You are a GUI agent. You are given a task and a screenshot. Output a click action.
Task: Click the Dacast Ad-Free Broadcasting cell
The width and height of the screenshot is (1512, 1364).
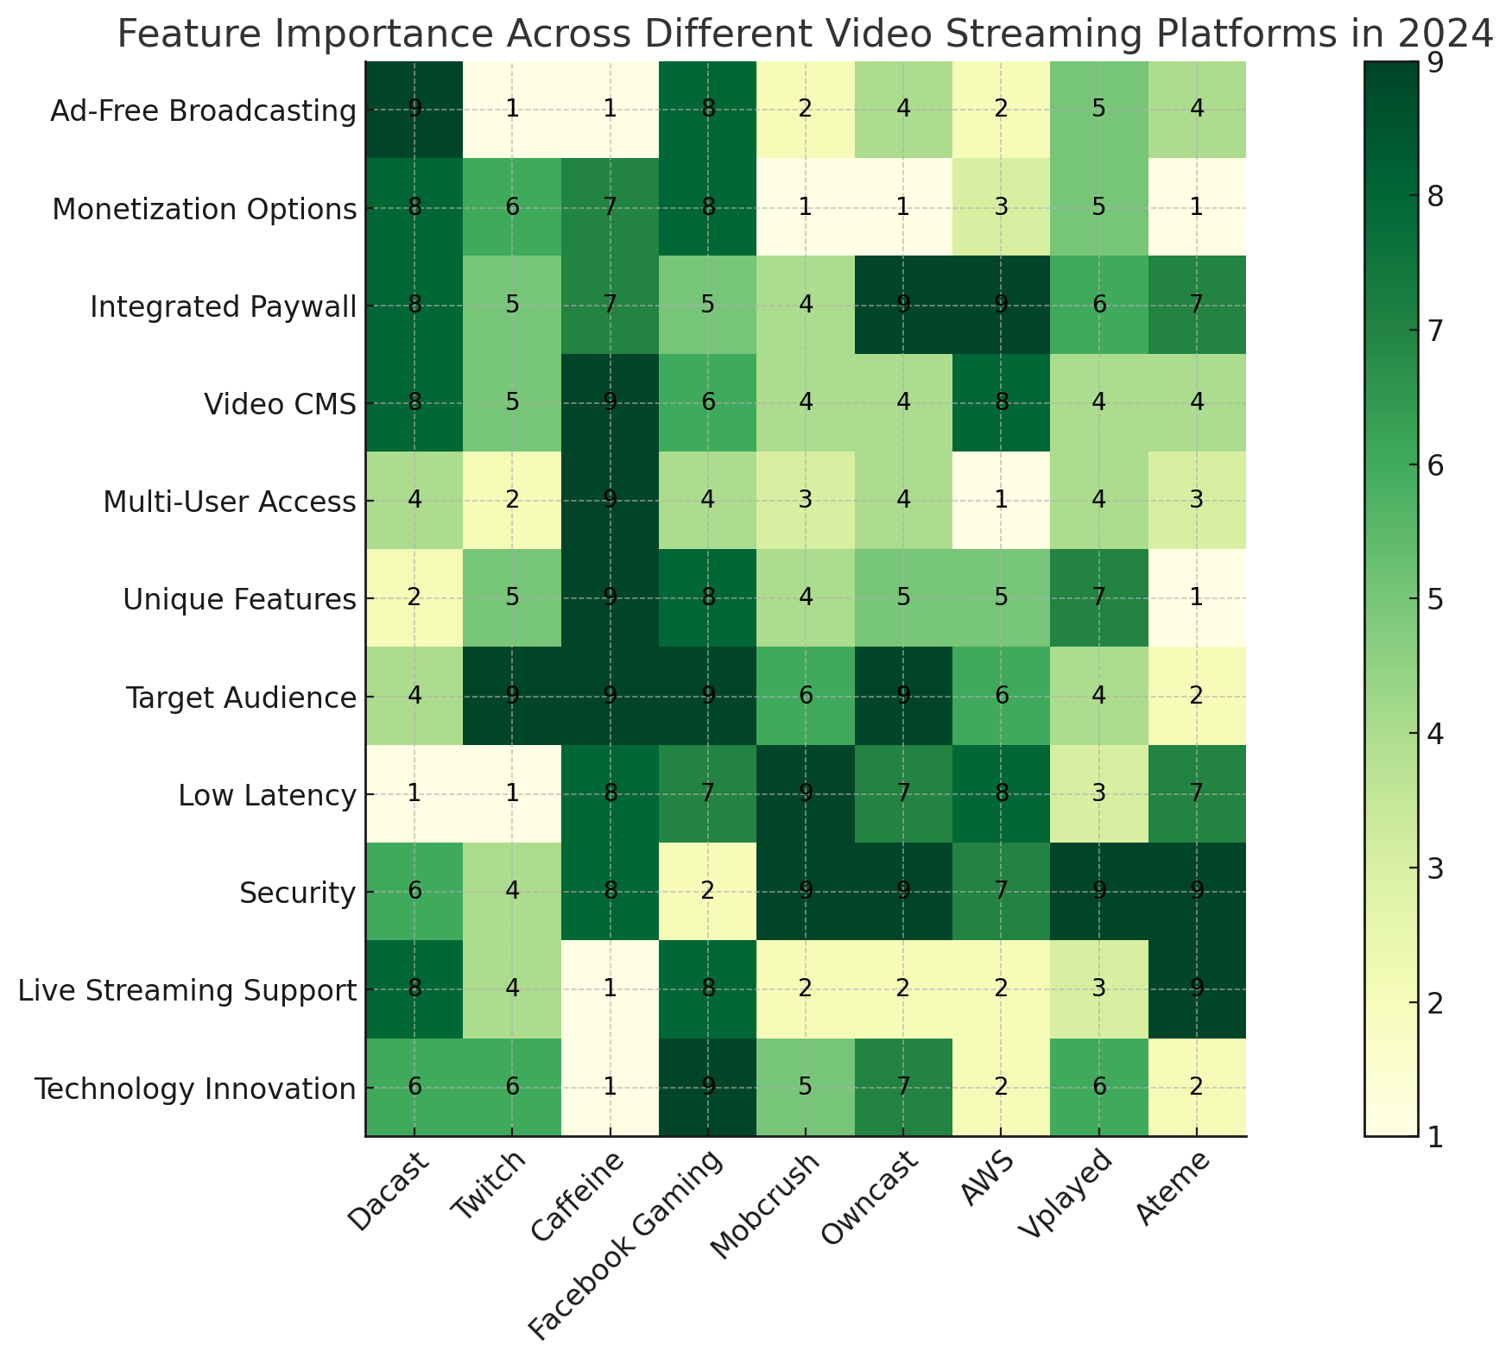click(414, 110)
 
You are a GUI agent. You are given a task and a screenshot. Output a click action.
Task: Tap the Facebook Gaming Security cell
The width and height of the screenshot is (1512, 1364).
click(707, 892)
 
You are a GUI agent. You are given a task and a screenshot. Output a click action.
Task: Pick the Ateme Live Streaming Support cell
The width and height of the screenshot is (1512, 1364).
click(1196, 989)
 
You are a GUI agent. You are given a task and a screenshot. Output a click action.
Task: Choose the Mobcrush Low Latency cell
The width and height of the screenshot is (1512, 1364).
click(805, 794)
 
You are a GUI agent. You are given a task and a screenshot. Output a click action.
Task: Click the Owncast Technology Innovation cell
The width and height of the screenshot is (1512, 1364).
click(902, 1088)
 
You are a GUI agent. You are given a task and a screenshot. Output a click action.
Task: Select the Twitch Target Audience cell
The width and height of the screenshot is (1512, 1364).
click(512, 697)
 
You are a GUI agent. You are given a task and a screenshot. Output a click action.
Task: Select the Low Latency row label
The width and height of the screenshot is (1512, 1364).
click(267, 796)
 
